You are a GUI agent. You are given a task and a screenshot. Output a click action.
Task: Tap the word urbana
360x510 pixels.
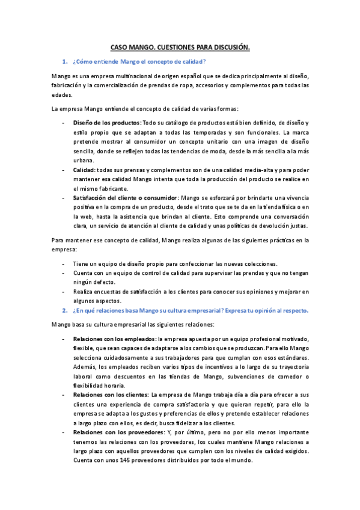[x=84, y=161]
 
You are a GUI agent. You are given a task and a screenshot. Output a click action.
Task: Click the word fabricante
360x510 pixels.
[x=129, y=188]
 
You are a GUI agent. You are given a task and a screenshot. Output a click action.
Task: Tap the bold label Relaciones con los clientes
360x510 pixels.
[x=111, y=395]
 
